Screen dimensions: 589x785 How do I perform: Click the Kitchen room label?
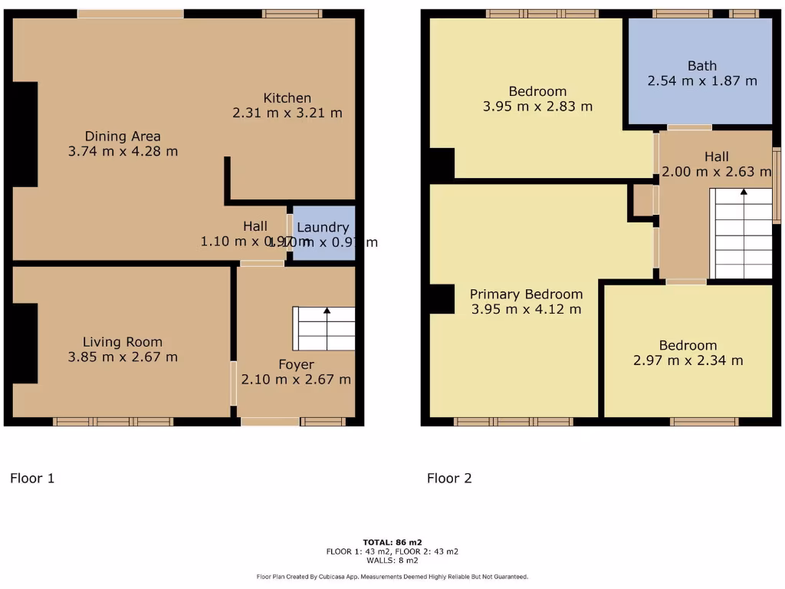[287, 98]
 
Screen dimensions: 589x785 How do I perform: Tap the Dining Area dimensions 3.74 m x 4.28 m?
[123, 152]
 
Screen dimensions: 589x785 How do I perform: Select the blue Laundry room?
[324, 233]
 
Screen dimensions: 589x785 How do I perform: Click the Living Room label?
[123, 342]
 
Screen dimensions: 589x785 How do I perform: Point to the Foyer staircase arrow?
[327, 311]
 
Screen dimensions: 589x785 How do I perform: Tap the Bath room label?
[701, 66]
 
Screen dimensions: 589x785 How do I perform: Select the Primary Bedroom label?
[526, 294]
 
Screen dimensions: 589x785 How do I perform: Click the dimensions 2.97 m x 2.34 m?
[688, 360]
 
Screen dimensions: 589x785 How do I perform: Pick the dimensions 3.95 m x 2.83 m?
[537, 107]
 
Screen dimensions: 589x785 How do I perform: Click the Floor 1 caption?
[32, 479]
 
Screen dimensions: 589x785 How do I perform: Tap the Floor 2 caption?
[449, 479]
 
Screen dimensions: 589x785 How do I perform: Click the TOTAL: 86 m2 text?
[392, 542]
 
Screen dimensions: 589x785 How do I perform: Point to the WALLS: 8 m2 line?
[392, 561]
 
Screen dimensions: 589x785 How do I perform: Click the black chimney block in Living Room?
[25, 343]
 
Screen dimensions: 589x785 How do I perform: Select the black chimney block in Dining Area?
[25, 134]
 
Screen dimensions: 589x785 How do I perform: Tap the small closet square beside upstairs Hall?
[642, 200]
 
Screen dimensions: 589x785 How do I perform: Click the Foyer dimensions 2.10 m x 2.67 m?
[296, 379]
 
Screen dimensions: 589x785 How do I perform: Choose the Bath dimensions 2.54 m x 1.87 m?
[701, 81]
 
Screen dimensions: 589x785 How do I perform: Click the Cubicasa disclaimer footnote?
[392, 577]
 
